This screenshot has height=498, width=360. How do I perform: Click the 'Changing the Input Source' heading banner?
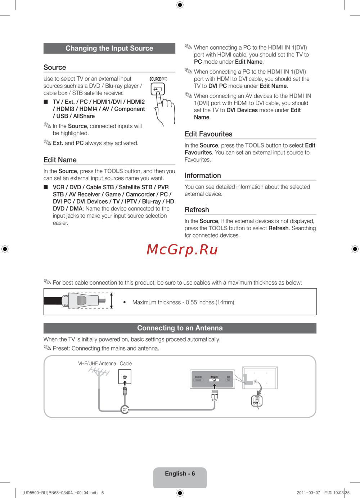tap(109, 48)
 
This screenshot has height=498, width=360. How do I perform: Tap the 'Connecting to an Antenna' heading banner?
tap(180, 328)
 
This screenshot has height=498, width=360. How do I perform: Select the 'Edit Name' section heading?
tap(60, 160)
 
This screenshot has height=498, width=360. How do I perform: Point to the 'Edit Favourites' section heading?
tap(208, 134)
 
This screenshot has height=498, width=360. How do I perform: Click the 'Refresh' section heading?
tap(197, 210)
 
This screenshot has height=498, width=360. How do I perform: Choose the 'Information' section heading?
tap(203, 175)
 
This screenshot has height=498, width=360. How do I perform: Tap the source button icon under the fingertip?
tap(158, 89)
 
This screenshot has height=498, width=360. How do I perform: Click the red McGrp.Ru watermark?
tap(182, 249)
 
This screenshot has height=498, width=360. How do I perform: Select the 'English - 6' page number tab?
tap(180, 474)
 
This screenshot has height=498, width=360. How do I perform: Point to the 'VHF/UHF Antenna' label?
tap(97, 363)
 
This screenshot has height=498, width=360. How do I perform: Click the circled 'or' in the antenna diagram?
tap(125, 409)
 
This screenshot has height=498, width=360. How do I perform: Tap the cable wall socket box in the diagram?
tap(125, 377)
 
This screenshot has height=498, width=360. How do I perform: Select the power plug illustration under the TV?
tap(257, 401)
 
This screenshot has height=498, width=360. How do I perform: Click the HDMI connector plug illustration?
tap(84, 300)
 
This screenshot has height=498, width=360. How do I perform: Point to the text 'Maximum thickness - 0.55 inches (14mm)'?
tap(183, 302)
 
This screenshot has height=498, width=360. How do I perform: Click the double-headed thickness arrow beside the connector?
tap(112, 300)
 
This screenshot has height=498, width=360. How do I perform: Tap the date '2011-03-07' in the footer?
tap(309, 493)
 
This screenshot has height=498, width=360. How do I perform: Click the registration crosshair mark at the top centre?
tap(180, 5)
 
